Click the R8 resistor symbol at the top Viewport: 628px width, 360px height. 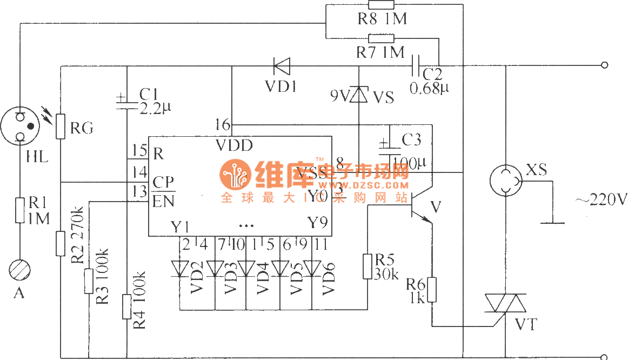381,5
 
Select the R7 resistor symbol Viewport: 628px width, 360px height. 381,38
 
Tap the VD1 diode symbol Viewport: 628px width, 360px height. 282,66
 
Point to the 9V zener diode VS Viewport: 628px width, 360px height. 359,95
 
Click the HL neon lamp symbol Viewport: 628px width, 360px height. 21,126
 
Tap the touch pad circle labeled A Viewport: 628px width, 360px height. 20,270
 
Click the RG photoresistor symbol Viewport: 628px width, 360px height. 61,128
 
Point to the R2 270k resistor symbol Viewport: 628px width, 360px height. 61,243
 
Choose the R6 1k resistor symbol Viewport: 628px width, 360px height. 432,290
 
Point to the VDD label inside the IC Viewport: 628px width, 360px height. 234,145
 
